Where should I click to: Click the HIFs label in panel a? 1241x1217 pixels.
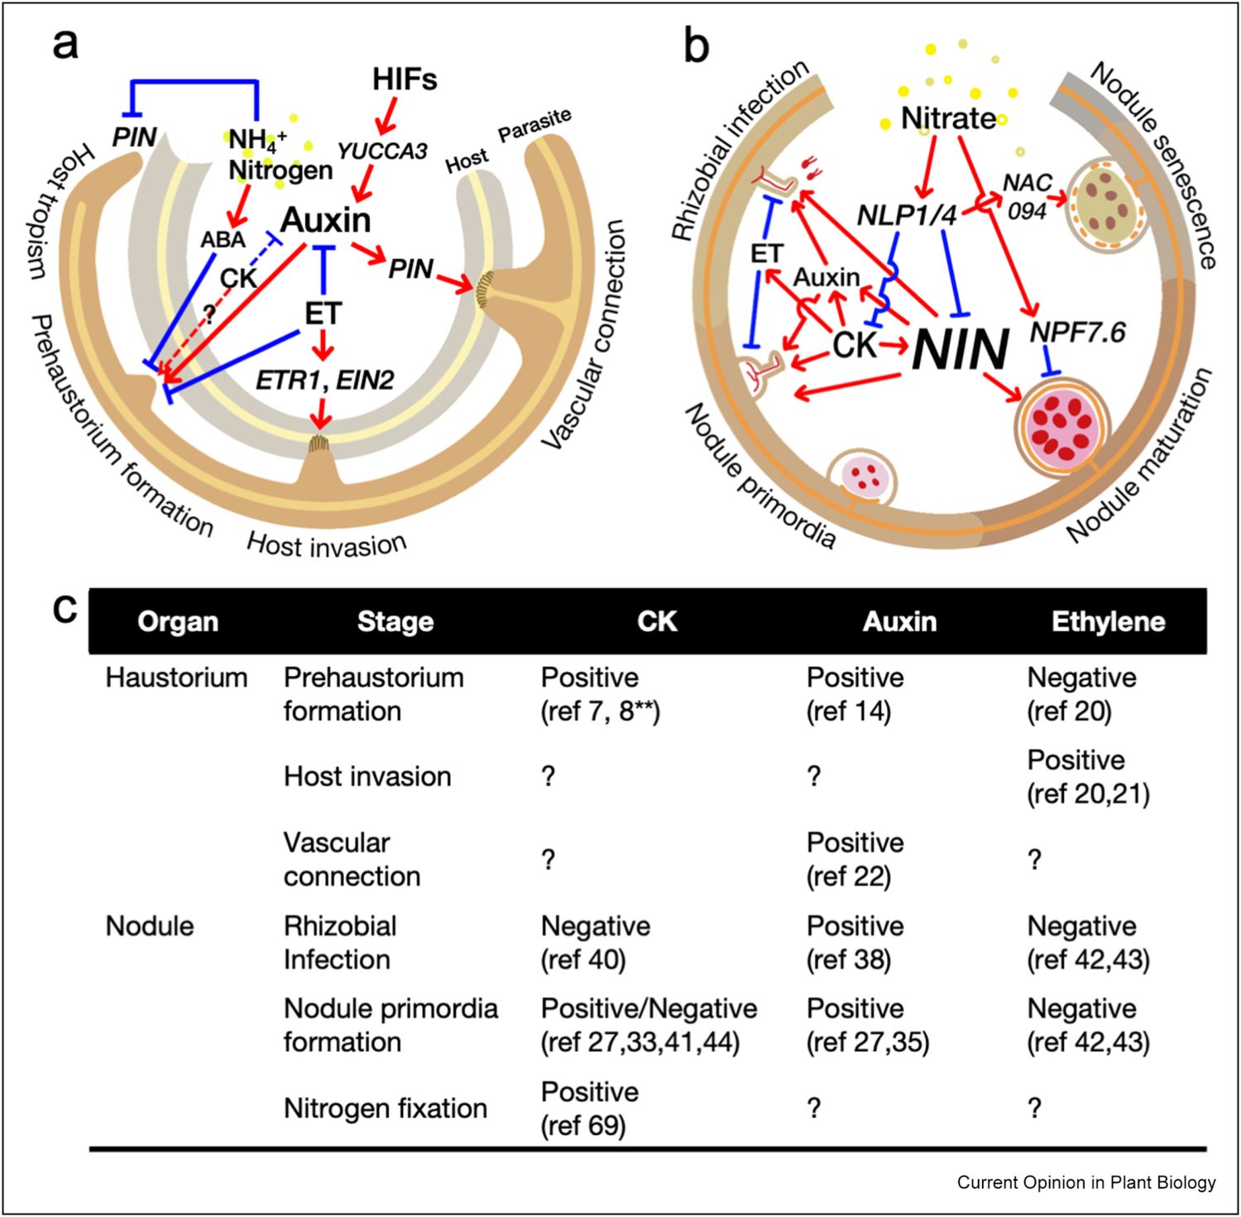(404, 79)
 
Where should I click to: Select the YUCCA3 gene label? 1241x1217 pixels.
(381, 151)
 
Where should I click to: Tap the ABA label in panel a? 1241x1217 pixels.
(223, 240)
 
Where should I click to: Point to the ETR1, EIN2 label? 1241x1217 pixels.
(324, 380)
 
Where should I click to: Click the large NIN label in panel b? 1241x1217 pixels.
(960, 349)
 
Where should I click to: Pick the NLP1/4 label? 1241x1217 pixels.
(906, 215)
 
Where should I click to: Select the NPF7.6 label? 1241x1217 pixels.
(1077, 333)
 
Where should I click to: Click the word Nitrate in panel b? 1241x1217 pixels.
(948, 118)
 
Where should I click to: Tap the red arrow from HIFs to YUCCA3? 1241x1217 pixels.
(386, 115)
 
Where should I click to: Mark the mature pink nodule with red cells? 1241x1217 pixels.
(1062, 424)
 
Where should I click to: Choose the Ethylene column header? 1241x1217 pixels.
(1108, 621)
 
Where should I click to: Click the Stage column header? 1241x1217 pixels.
(395, 621)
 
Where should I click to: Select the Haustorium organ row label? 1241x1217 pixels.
(176, 678)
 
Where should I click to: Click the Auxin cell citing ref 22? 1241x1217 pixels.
(855, 860)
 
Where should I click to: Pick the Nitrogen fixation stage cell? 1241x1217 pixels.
(385, 1108)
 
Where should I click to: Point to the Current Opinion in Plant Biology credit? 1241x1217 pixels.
(1085, 1182)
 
